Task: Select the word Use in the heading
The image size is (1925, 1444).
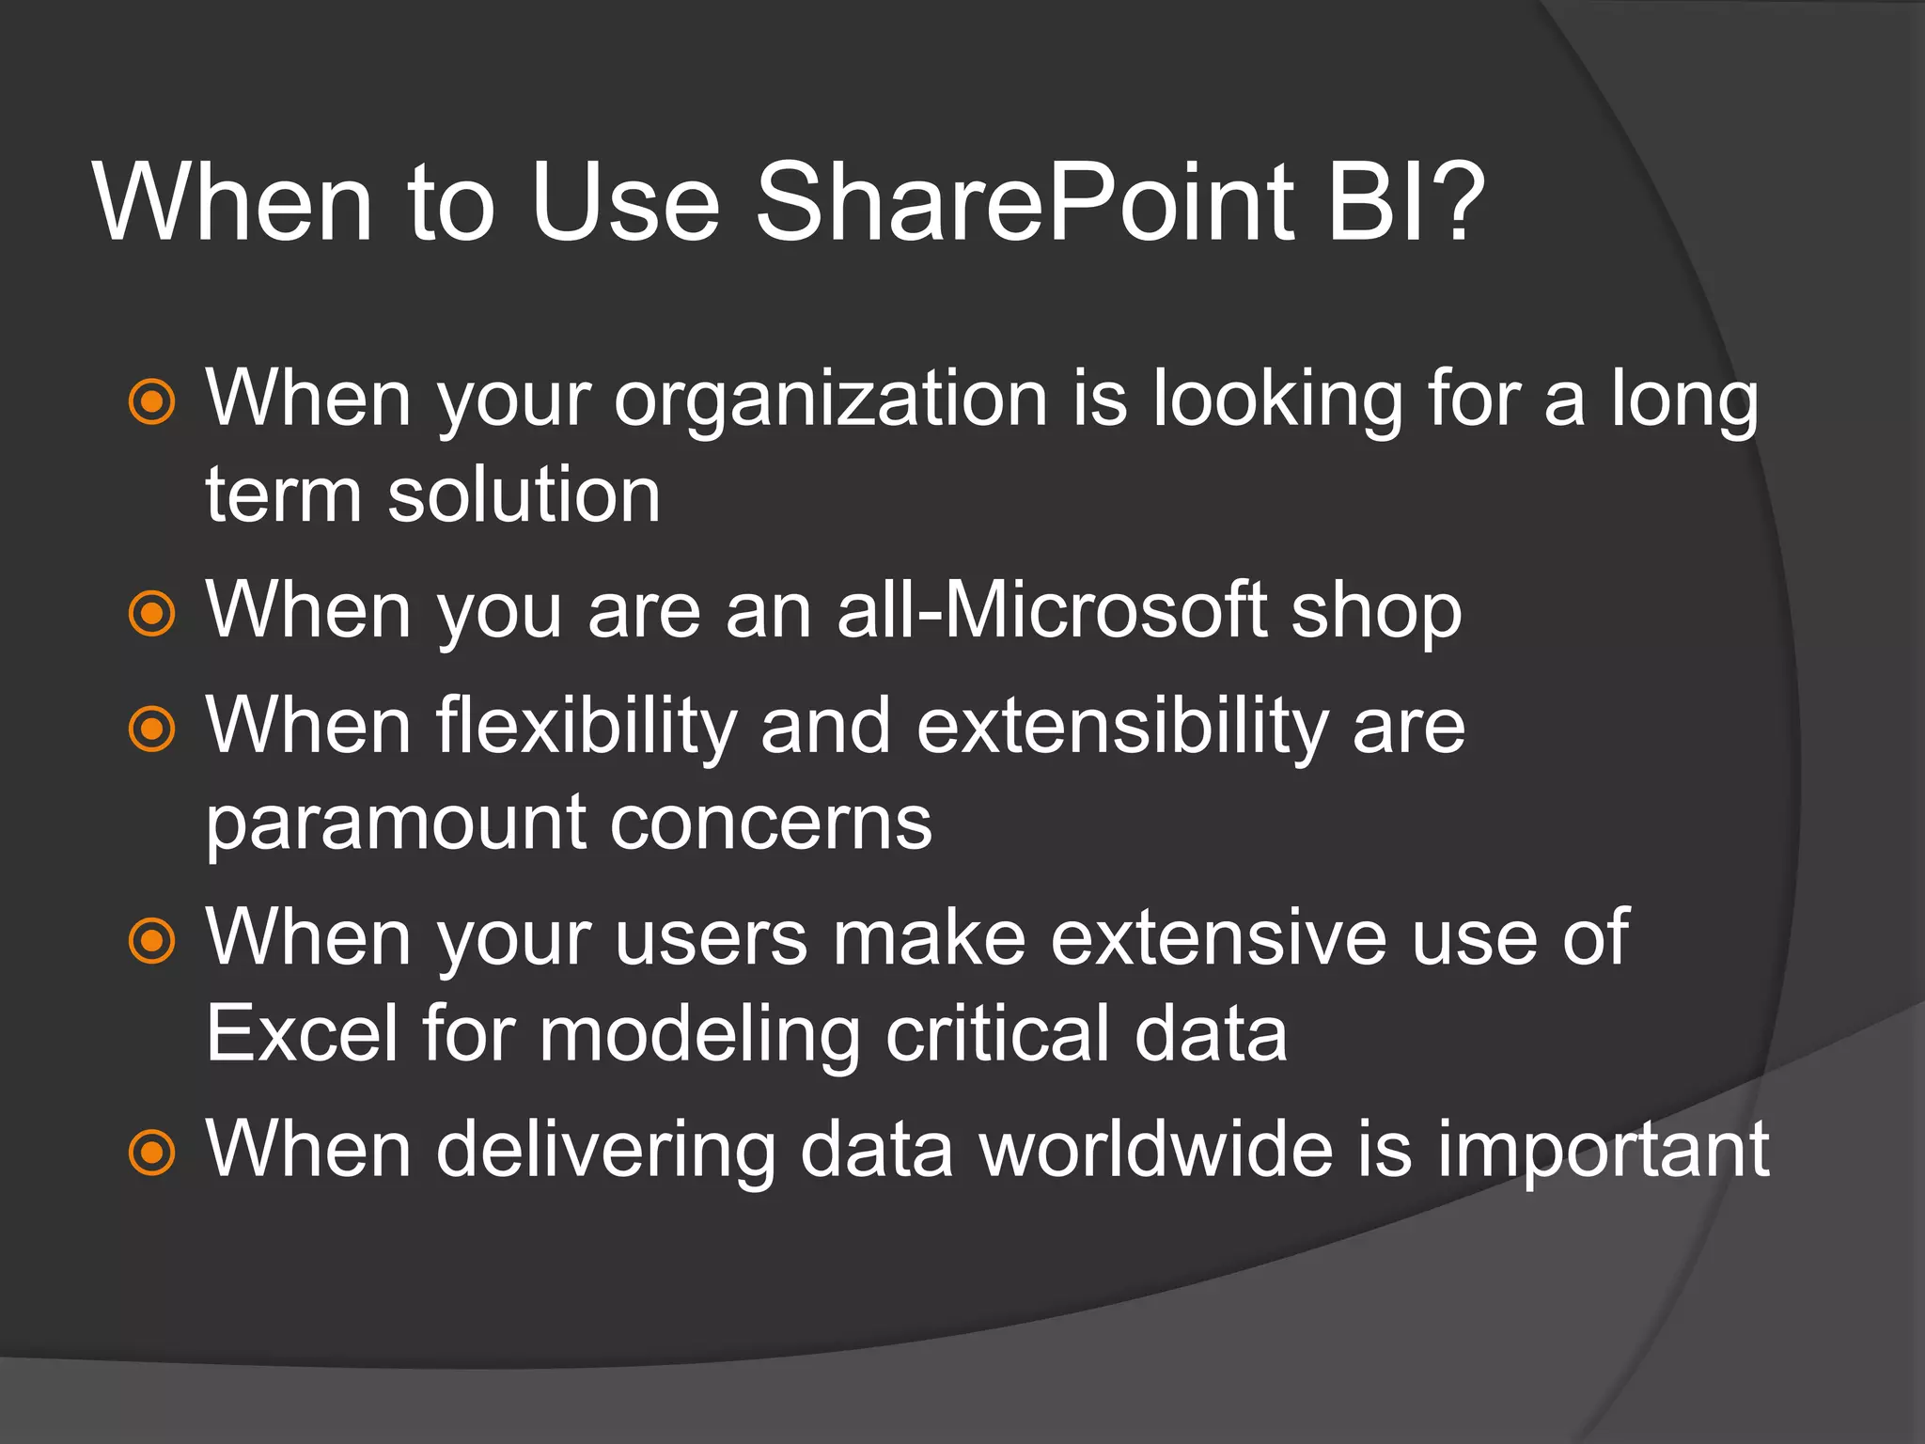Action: click(624, 202)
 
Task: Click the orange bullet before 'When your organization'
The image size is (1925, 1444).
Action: click(151, 403)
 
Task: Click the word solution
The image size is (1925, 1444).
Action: click(524, 495)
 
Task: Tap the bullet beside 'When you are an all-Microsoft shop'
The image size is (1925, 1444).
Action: click(151, 614)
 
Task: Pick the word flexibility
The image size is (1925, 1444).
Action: click(587, 727)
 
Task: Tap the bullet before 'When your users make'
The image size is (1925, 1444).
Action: click(151, 941)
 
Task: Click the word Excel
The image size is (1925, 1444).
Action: click(302, 1033)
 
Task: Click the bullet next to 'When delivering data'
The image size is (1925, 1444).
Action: click(151, 1152)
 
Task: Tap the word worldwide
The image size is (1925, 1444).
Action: click(1156, 1149)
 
